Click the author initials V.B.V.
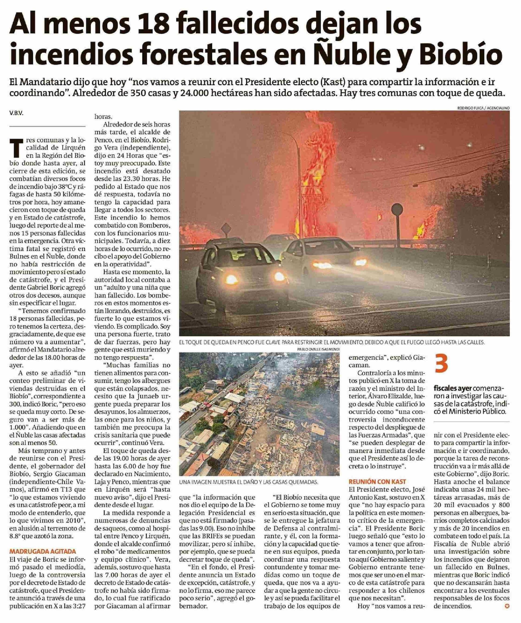click(17, 113)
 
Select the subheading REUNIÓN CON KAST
click(377, 481)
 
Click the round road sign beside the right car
click(397, 211)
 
